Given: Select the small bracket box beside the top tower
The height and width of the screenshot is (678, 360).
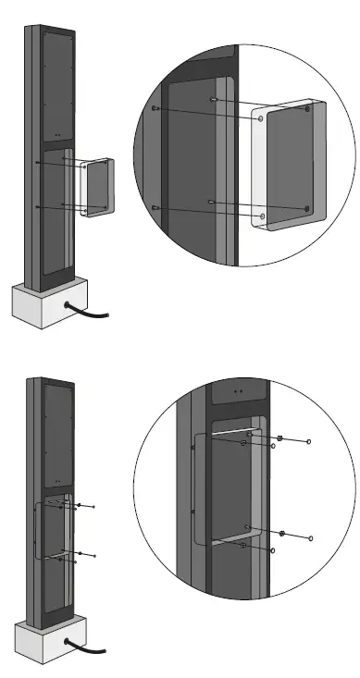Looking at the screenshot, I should [95, 187].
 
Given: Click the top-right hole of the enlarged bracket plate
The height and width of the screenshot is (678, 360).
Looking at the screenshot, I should [307, 109].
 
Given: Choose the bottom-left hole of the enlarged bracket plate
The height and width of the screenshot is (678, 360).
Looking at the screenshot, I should [264, 216].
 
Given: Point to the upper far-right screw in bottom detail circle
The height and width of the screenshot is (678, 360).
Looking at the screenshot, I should [309, 442].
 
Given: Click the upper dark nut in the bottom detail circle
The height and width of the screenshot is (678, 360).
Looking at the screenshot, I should [279, 438].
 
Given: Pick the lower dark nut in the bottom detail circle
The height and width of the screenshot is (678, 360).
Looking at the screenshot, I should [280, 535].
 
